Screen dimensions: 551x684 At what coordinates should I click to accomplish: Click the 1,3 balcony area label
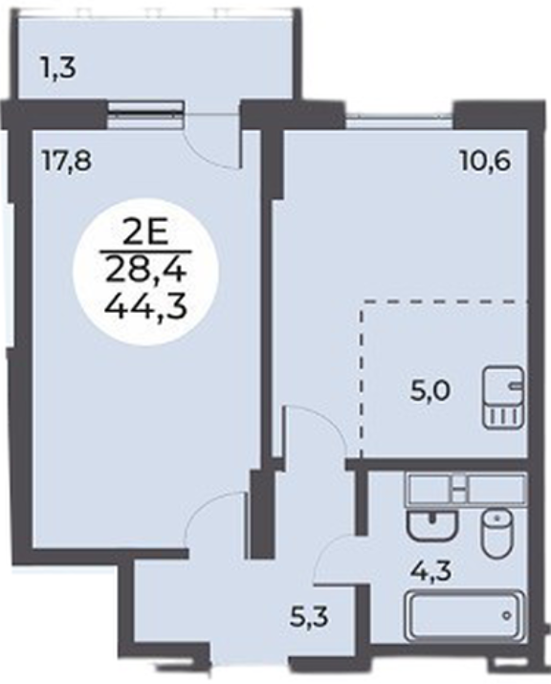58,69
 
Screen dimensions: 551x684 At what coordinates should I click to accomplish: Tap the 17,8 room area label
66,161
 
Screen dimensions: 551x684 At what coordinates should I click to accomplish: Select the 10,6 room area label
485,162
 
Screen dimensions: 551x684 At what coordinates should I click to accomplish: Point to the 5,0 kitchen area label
430,390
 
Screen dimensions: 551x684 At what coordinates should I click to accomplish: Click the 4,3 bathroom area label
431,570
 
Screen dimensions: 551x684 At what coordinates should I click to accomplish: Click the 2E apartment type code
146,235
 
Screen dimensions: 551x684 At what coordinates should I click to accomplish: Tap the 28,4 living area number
146,272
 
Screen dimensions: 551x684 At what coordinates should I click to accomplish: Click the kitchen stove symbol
503,397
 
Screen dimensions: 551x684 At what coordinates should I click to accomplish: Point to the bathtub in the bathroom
465,615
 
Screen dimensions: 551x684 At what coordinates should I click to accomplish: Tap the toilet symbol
496,534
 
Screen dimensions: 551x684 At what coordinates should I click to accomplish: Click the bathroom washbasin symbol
431,525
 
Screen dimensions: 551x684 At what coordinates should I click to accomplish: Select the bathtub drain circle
506,615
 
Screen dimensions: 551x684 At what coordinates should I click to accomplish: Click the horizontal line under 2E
146,252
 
